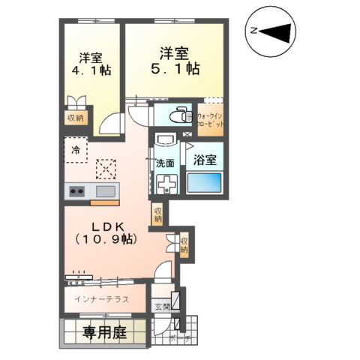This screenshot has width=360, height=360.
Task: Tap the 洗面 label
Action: point(165,163)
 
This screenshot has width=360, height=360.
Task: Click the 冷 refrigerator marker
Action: point(76,150)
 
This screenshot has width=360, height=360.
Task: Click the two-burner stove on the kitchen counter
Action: point(78,191)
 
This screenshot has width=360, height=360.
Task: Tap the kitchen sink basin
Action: point(105,191)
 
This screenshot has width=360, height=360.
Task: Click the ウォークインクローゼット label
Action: point(210,120)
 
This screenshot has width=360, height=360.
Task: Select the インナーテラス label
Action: point(101,298)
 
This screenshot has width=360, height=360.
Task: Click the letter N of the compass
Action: point(254,31)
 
